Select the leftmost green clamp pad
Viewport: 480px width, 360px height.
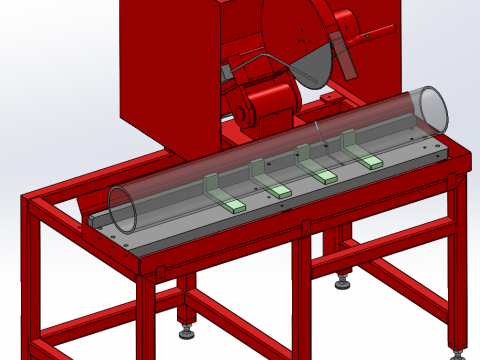click(234, 205)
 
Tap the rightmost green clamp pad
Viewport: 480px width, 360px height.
click(372, 162)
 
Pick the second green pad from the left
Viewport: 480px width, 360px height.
click(281, 190)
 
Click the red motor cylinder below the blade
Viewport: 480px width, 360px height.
click(268, 101)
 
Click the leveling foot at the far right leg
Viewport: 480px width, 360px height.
click(459, 352)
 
